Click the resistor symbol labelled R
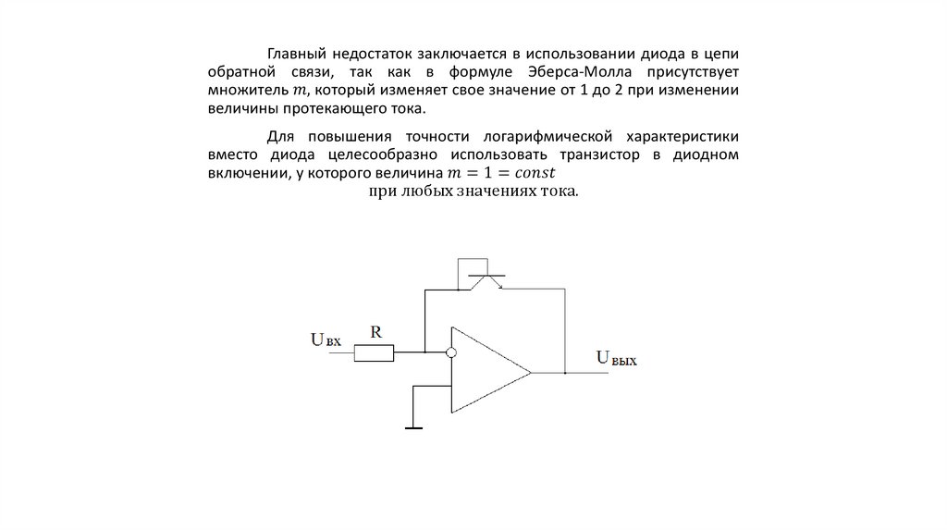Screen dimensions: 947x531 [x=375, y=352]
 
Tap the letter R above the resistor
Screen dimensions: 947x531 [x=375, y=329]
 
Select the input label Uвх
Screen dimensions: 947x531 [x=325, y=340]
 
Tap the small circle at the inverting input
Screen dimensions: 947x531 [x=451, y=352]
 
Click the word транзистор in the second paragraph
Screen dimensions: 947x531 [x=600, y=154]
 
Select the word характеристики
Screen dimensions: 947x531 [x=679, y=135]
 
